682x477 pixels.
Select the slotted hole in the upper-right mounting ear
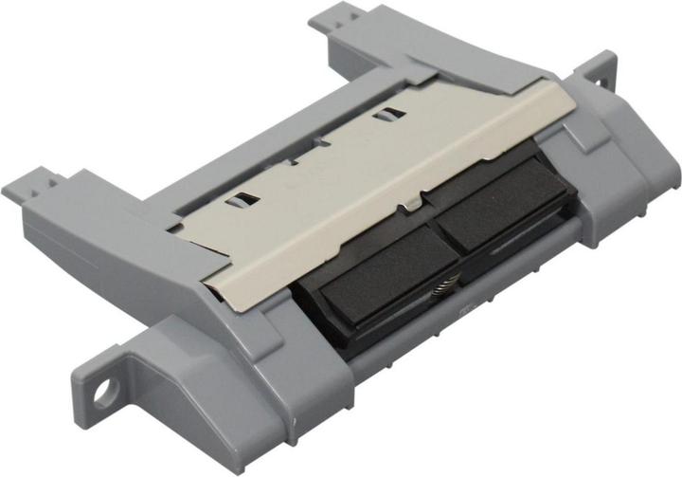click(x=602, y=72)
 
